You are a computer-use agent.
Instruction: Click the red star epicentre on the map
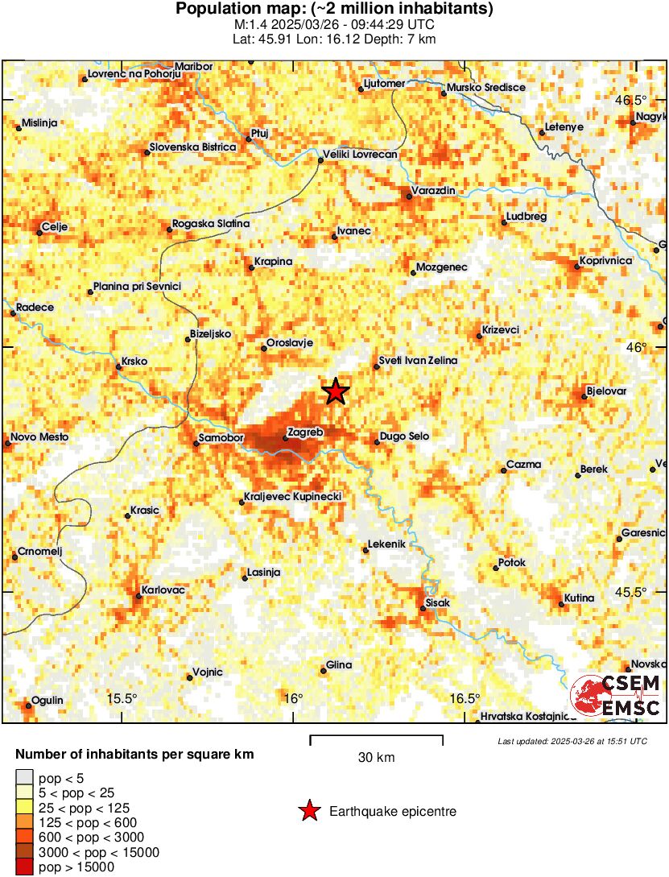click(336, 391)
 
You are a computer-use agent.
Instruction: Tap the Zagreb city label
click(306, 432)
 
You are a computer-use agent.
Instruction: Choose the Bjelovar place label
click(606, 391)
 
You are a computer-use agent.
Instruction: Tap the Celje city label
click(54, 226)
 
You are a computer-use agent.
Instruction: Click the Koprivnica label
click(605, 261)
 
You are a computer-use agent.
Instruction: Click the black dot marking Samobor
click(196, 441)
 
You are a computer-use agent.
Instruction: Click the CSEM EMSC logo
click(616, 696)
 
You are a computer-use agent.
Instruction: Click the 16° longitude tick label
click(293, 697)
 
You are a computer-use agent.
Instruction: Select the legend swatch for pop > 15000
click(24, 867)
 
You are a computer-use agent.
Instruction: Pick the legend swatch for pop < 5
click(24, 778)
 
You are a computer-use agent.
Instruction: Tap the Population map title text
click(334, 10)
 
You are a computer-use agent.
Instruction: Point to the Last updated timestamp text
click(572, 741)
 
